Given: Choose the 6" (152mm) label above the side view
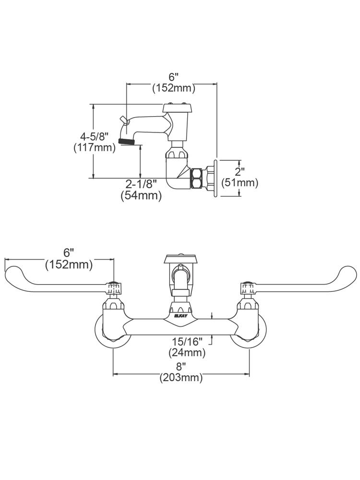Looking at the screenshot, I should pos(173,82).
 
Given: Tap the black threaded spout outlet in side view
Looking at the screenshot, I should pos(126,141).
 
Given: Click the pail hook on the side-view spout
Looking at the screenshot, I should pos(123,120).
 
